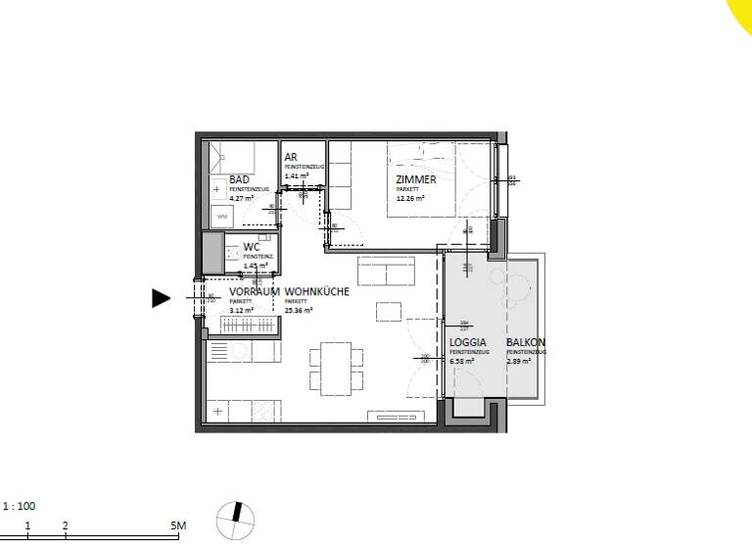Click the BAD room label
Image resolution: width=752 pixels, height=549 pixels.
239,180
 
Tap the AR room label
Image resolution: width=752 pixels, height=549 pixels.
291,157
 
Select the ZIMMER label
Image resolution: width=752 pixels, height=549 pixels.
415,180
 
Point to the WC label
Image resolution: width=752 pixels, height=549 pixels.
251,246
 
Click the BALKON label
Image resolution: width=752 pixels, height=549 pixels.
526,344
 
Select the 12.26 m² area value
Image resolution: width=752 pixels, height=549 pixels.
409,198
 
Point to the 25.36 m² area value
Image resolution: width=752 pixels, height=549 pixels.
298,310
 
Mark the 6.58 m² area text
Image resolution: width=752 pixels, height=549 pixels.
462,361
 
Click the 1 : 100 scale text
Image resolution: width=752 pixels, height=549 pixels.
20,507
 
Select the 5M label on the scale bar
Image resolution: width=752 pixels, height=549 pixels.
178,526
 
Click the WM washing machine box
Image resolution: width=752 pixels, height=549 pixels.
221,217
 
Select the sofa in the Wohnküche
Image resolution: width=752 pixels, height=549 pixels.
389,270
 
